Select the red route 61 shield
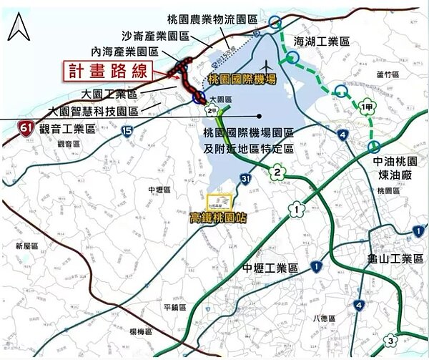coord(26,128)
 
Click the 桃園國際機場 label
coord(242,79)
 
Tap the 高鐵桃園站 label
coord(217,218)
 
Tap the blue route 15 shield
coord(127,130)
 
